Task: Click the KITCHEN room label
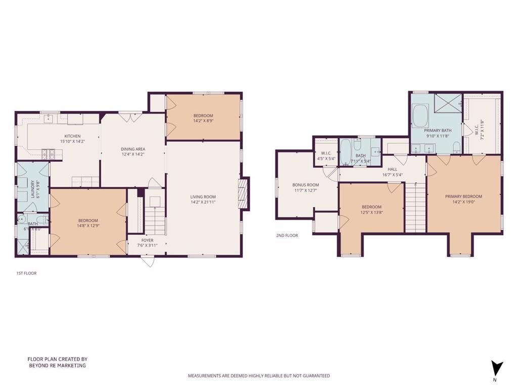[x=72, y=136]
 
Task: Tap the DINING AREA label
[x=133, y=148]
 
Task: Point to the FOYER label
[x=147, y=240]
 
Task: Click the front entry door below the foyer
[x=147, y=261]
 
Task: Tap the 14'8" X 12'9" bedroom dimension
[x=88, y=226]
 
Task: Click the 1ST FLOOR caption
[x=26, y=273]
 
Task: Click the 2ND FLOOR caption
[x=287, y=236]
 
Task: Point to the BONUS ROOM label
[x=306, y=185]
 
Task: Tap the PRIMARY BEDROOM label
[x=463, y=197]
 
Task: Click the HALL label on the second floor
[x=392, y=170]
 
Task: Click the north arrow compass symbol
[x=497, y=368]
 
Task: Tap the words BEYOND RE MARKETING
[x=57, y=365]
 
